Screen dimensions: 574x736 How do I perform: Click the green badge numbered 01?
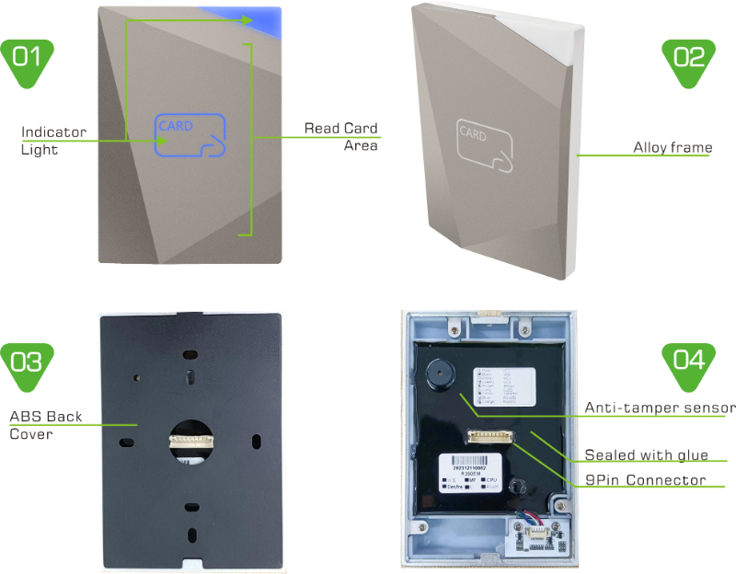(28, 61)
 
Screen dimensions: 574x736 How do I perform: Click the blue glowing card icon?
(190, 135)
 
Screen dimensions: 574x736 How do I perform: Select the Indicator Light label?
(53, 141)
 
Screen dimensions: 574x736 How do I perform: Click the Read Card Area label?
(341, 136)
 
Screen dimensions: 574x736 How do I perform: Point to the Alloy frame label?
(672, 147)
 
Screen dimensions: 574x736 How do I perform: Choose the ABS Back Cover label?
(46, 425)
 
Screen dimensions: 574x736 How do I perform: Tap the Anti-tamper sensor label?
(659, 408)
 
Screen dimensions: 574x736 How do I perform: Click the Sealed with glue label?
(646, 455)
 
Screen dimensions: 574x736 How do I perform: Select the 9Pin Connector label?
(646, 480)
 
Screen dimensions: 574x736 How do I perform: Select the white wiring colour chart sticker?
(504, 385)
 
